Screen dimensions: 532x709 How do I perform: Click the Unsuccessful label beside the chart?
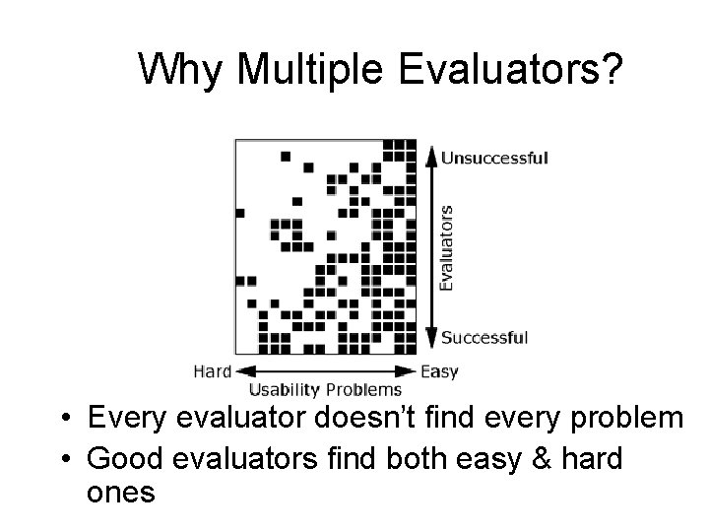(494, 157)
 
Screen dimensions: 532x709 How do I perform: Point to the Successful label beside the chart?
(484, 337)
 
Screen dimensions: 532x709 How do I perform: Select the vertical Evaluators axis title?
(446, 247)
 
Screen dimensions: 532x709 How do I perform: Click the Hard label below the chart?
(212, 371)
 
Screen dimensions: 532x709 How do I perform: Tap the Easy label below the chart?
(439, 371)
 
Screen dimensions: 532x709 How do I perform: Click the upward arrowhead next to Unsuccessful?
(429, 156)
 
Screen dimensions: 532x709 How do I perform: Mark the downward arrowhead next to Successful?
(429, 339)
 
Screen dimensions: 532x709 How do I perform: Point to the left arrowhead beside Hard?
(241, 371)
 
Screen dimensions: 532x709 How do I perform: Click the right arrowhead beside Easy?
(411, 371)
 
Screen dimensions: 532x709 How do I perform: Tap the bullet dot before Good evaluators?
(64, 458)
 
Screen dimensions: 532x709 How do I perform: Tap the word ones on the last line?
(121, 492)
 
